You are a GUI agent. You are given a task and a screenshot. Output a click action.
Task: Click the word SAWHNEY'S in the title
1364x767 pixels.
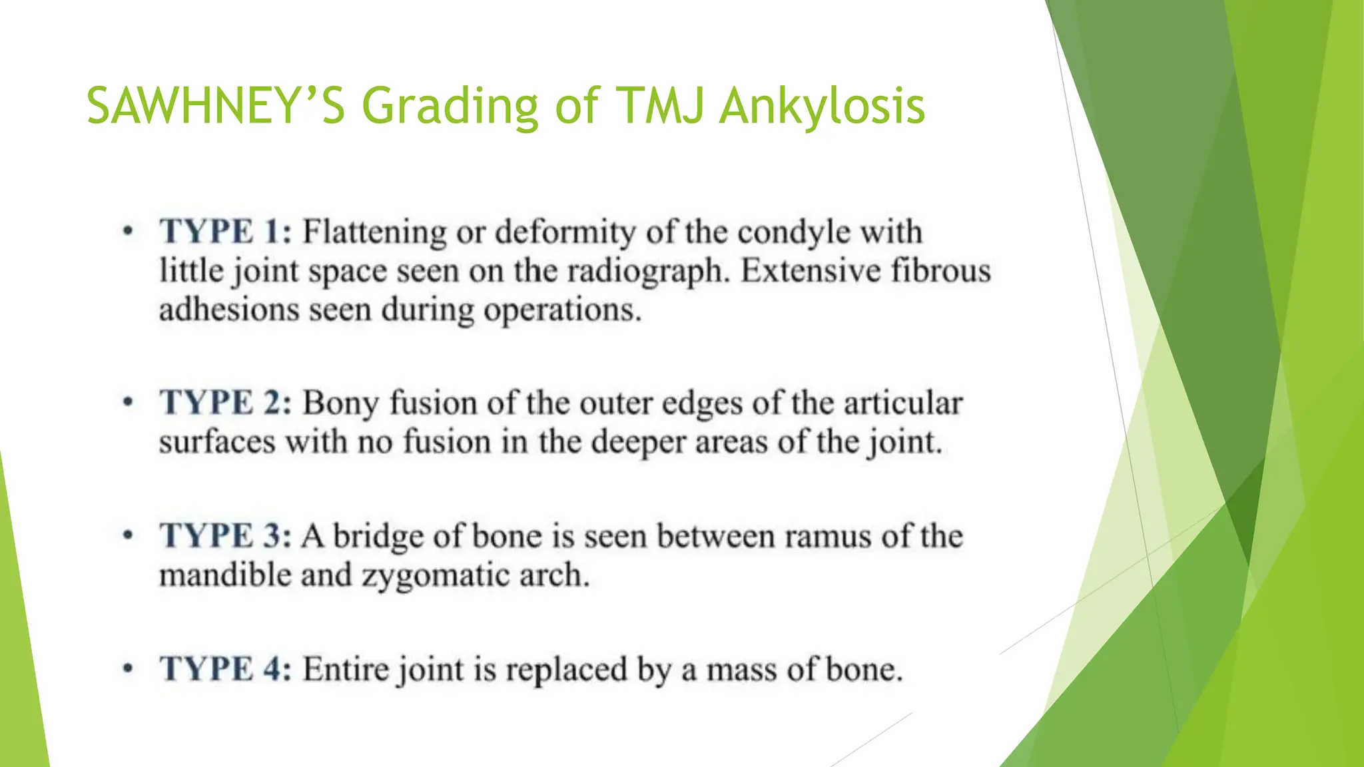coord(216,107)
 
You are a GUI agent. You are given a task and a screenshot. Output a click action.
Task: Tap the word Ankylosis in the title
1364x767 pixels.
coord(822,107)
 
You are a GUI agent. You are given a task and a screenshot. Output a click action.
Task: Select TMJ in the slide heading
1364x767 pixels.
coord(661,107)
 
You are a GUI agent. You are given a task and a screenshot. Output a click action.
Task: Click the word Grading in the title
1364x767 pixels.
coord(450,107)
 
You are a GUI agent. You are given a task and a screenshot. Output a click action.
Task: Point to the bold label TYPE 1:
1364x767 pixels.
coord(225,232)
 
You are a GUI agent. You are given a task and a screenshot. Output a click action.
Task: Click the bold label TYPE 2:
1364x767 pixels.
coord(225,403)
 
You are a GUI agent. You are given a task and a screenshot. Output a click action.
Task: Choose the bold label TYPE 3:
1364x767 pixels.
coord(225,536)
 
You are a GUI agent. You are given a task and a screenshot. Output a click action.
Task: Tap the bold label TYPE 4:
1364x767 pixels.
coord(225,669)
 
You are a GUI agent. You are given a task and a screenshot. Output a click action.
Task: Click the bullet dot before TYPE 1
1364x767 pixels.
coord(128,232)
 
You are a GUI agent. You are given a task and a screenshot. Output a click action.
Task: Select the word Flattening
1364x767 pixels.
coord(375,232)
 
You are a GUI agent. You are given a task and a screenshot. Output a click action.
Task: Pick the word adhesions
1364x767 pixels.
coord(229,310)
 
